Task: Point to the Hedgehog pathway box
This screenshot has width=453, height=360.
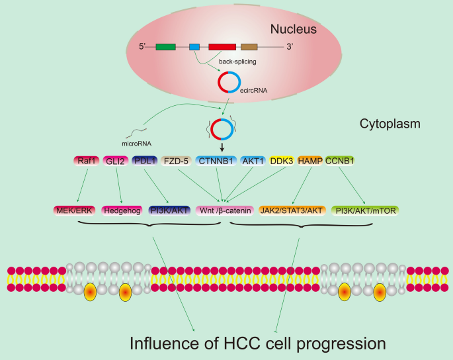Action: click(124, 211)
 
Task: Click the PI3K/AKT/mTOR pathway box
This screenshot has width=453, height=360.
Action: click(368, 211)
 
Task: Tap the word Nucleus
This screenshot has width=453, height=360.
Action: click(297, 30)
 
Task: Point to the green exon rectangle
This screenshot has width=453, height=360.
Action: click(165, 47)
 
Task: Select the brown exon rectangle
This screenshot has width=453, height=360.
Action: click(249, 47)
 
